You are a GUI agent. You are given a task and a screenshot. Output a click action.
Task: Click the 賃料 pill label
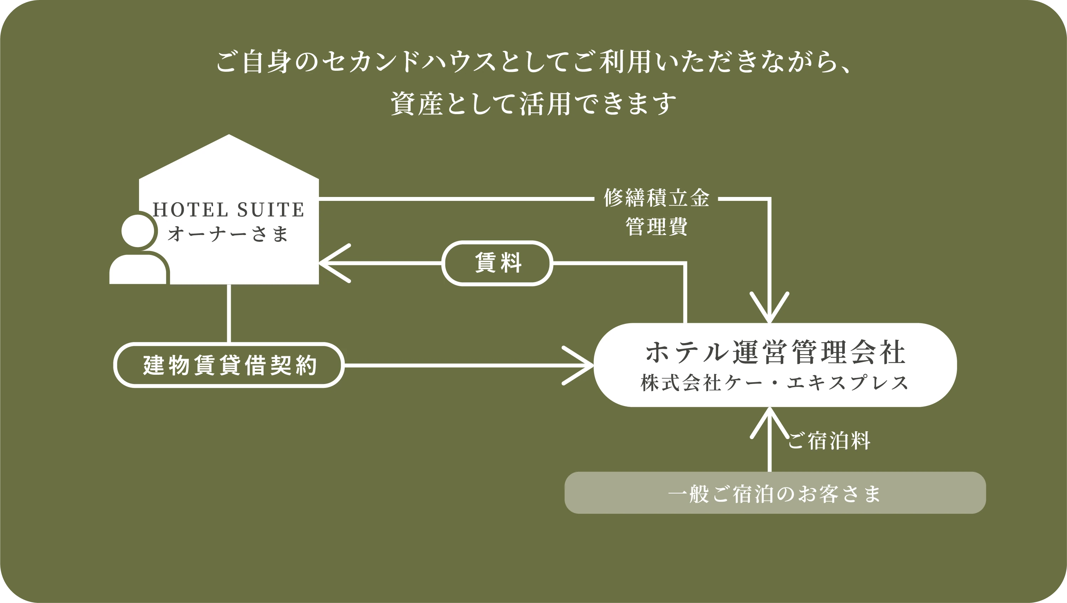point(497,263)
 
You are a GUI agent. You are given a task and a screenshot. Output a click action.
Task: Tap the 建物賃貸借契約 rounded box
point(229,365)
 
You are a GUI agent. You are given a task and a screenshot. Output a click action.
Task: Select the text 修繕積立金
point(657,198)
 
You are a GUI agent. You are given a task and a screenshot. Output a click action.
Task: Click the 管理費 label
point(657,226)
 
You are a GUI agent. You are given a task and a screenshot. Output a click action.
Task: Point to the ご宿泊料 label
point(828,441)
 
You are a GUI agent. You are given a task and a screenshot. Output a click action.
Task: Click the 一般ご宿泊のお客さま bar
point(775,493)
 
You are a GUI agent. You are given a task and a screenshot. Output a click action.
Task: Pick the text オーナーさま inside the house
point(228,234)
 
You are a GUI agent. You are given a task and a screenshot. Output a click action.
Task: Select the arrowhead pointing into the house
point(331,263)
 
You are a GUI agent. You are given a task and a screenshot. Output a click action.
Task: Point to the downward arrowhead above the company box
point(769,311)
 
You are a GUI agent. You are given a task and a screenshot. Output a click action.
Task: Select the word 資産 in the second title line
point(417,103)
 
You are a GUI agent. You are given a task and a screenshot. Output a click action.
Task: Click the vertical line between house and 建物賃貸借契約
point(229,314)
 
